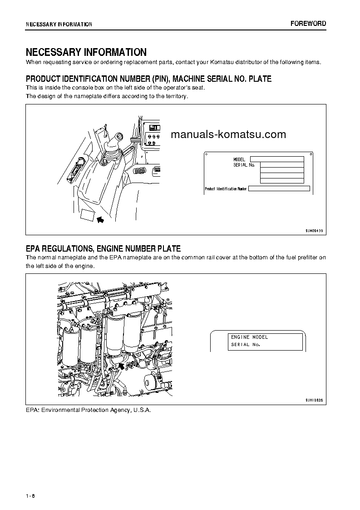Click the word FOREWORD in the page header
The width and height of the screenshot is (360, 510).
[x=308, y=24]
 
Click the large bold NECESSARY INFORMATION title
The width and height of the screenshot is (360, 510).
[x=86, y=52]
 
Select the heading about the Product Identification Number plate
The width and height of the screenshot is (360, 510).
[x=148, y=79]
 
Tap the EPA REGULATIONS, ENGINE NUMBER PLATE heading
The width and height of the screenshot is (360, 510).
[x=103, y=248]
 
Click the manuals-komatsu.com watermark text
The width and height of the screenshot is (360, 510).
[x=228, y=134]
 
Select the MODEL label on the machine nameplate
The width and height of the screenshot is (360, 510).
[x=239, y=159]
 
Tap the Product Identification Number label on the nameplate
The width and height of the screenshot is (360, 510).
[x=226, y=188]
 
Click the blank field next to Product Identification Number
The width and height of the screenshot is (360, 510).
[x=279, y=188]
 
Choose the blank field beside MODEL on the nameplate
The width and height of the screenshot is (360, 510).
[x=277, y=159]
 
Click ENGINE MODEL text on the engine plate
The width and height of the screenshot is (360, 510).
[x=249, y=337]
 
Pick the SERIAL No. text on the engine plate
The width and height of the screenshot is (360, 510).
[x=245, y=345]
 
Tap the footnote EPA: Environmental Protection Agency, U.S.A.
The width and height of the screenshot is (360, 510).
[x=88, y=410]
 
